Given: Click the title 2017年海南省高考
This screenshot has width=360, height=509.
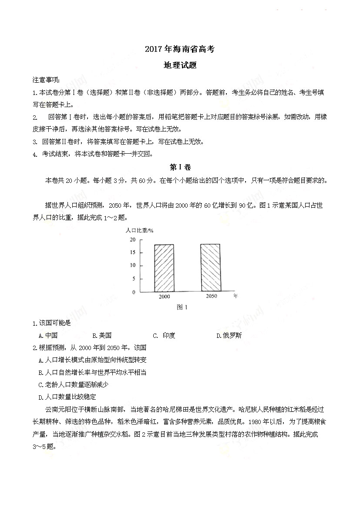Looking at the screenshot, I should pos(180,50).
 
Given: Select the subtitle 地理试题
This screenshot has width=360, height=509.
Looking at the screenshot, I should pos(180,65).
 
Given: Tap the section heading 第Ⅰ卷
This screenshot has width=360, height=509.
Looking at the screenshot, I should pos(180,167).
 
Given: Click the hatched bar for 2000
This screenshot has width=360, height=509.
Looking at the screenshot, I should pos(164,268).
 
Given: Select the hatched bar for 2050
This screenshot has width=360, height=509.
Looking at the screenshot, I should pos(210,268).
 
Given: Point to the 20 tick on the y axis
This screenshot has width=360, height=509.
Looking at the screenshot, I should pos(132,239).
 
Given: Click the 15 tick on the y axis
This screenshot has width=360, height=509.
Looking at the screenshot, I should pos(132,253).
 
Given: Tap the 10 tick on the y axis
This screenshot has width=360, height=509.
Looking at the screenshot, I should pos(132,265).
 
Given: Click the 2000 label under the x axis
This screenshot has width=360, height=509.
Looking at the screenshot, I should pos(164,297).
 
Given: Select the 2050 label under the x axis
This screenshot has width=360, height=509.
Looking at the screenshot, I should pos(211,297).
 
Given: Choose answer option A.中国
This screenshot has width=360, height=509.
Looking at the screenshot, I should pos(48,335).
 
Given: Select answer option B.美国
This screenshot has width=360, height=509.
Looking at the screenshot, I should pos(102,335).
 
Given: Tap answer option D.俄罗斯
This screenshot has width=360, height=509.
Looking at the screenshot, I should pos(229,335).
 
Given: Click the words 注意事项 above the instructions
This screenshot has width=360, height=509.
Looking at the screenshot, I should pos(47,80).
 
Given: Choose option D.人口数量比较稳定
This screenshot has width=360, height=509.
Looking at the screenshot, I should pos(67,397).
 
